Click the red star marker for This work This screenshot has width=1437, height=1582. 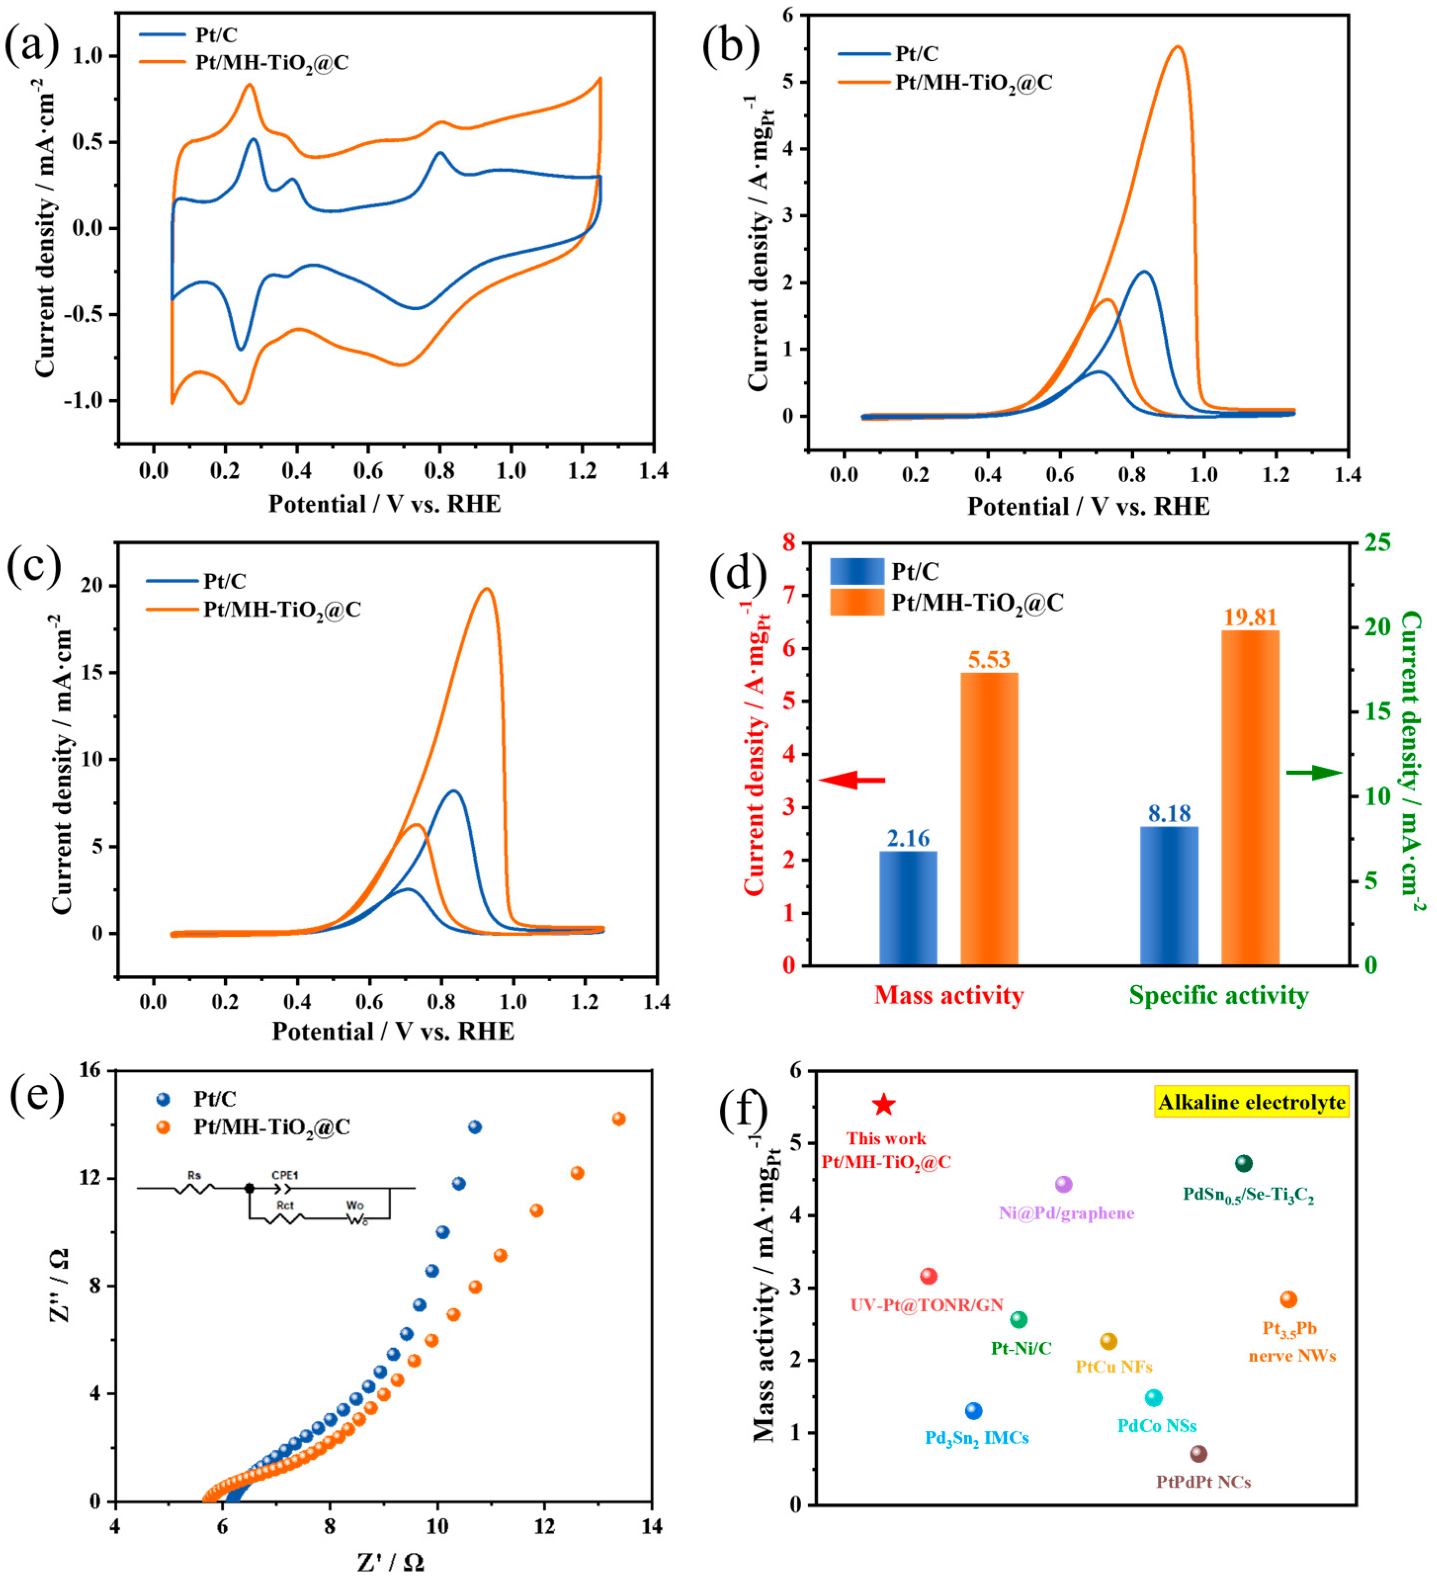pyautogui.click(x=884, y=1105)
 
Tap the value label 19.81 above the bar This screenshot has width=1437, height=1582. pyautogui.click(x=1250, y=618)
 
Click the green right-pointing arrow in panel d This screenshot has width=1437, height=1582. pyautogui.click(x=1314, y=773)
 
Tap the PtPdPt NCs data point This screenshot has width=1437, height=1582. pyautogui.click(x=1198, y=1454)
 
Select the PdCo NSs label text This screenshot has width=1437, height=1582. pyautogui.click(x=1157, y=1426)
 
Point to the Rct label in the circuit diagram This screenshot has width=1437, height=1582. pyautogui.click(x=285, y=1205)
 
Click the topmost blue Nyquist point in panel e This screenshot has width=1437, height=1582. pyautogui.click(x=475, y=1127)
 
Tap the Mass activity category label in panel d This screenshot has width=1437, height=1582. pyautogui.click(x=949, y=996)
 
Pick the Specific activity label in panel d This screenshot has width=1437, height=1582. pyautogui.click(x=1218, y=996)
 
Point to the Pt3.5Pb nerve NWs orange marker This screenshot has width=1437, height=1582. pyautogui.click(x=1289, y=1299)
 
